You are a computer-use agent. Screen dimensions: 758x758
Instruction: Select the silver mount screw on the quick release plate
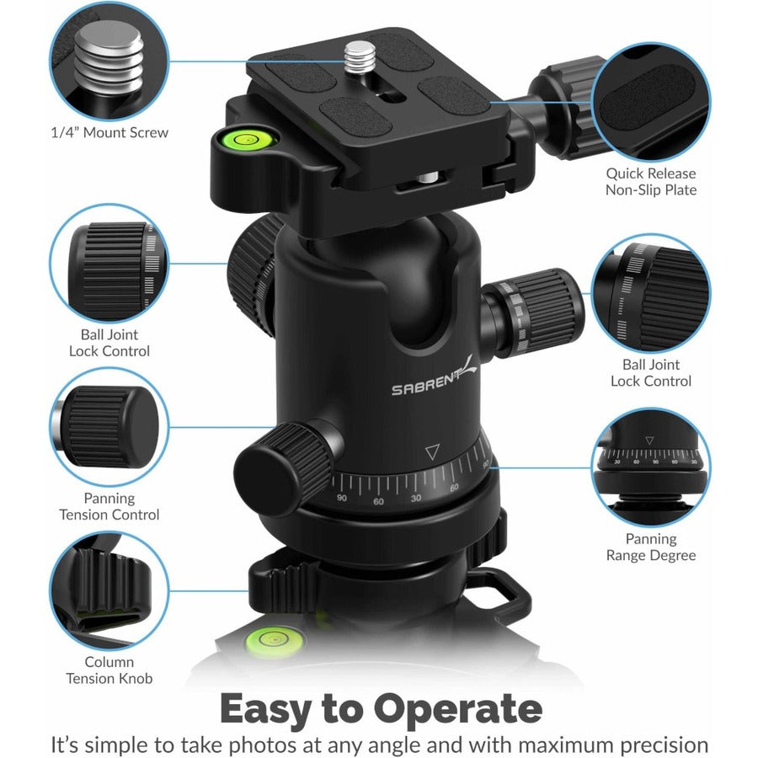[360, 61]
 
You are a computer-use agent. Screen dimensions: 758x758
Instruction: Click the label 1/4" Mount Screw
[109, 132]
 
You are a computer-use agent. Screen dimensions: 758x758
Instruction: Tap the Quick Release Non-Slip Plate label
[650, 182]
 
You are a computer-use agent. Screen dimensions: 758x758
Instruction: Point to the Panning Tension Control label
[109, 506]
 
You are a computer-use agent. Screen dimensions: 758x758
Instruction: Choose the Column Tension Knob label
[109, 670]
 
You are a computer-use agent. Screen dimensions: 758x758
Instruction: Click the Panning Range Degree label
[650, 547]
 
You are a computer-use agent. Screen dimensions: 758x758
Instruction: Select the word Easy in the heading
[270, 709]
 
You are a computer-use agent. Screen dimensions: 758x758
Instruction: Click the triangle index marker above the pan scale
[432, 452]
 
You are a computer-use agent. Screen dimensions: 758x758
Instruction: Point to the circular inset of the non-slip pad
[650, 100]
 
